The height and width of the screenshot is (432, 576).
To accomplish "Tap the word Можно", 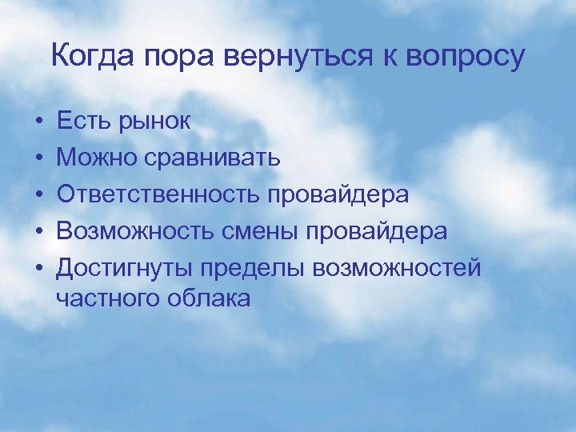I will [96, 158].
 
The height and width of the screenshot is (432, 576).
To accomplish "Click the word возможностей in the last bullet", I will [399, 268].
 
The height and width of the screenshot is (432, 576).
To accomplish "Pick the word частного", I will [110, 298].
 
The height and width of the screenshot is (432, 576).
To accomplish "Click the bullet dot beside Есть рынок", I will [38, 122].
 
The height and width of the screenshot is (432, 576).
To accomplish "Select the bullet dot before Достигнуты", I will [38, 269].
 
